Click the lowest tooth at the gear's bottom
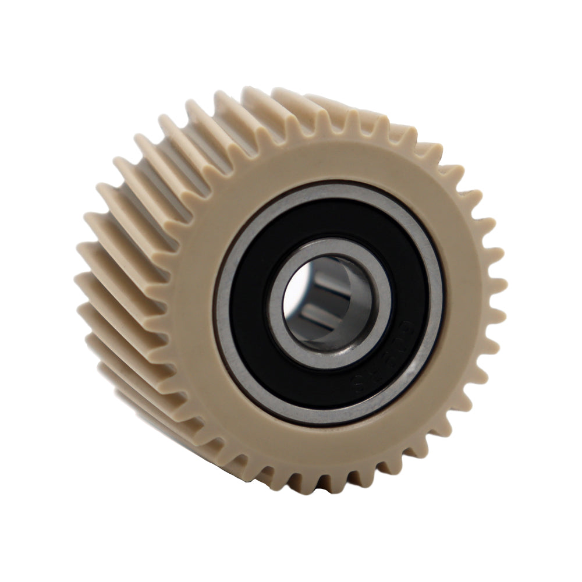tap(326, 486)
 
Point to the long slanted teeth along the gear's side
tap(134, 233)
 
